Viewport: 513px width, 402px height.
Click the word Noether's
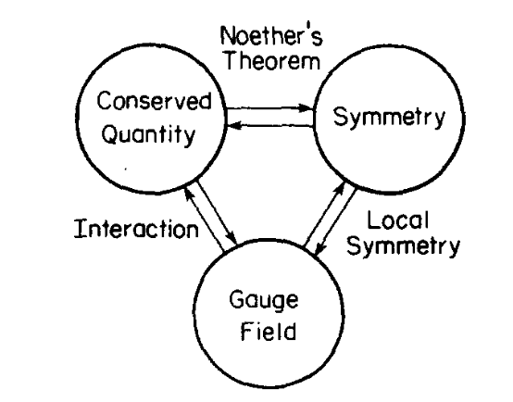[x=271, y=36]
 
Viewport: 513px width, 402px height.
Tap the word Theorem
[x=272, y=60]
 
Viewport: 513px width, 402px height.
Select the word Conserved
[x=154, y=100]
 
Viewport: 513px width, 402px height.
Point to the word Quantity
[x=148, y=134]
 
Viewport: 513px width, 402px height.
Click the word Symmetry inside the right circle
[x=389, y=117]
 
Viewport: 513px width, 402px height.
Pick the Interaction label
[x=136, y=228]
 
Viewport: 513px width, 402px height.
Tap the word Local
[x=397, y=220]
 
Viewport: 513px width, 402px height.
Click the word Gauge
[x=264, y=300]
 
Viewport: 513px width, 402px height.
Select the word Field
[x=269, y=331]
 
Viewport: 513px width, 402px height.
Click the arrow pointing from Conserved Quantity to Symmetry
[x=269, y=108]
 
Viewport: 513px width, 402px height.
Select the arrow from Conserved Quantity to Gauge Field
[x=218, y=212]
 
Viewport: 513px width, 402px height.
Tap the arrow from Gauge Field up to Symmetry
[x=324, y=214]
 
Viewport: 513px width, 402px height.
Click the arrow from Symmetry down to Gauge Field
[x=335, y=222]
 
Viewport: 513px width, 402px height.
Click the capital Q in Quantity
[x=109, y=133]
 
